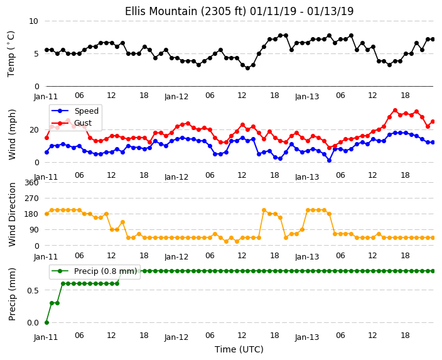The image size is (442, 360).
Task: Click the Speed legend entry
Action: (x=75, y=111)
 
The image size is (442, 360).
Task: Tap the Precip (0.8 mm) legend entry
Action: (x=94, y=271)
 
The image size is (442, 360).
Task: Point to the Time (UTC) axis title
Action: (x=239, y=349)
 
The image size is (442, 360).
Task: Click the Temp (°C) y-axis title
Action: (x=11, y=54)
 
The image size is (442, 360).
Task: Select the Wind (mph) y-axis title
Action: (x=12, y=134)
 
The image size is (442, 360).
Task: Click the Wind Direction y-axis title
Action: (x=12, y=214)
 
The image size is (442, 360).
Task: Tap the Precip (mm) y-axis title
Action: (x=12, y=294)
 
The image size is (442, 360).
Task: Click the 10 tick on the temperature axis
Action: (x=33, y=21)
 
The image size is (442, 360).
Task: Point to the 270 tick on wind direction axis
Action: (x=31, y=199)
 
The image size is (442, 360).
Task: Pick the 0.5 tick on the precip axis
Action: (x=33, y=290)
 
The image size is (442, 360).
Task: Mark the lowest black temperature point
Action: (x=247, y=68)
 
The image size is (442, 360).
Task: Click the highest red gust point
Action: (x=395, y=111)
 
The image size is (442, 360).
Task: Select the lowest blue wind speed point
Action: (x=329, y=161)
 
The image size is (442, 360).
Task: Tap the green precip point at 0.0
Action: (x=47, y=322)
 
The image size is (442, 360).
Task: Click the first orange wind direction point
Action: (x=47, y=214)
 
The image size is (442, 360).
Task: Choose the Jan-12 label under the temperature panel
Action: (x=176, y=97)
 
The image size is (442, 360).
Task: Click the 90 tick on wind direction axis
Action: (x=34, y=230)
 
